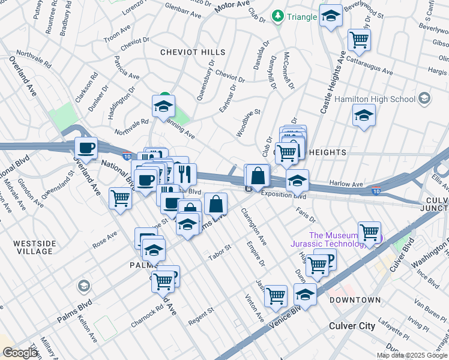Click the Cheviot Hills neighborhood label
(192, 53)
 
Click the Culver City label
(352, 326)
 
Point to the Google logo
(20, 353)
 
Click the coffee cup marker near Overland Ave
(85, 148)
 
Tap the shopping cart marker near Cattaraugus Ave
(359, 40)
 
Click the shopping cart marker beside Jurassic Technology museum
(369, 232)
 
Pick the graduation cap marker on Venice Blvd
(305, 294)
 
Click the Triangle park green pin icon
(278, 16)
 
